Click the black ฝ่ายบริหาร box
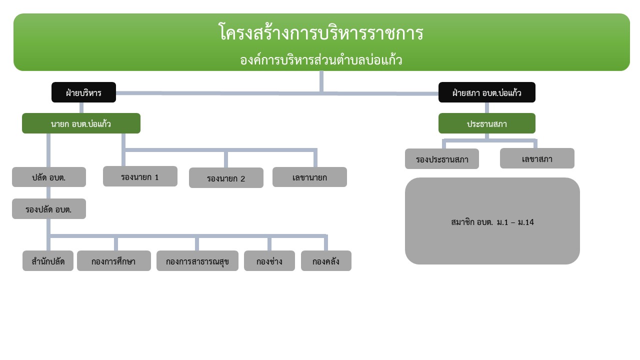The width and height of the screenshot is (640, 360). (x=83, y=92)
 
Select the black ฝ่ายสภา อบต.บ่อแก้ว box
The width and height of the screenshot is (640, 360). (x=487, y=92)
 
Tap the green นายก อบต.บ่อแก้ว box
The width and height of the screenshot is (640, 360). (x=81, y=123)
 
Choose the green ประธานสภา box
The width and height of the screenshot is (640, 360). (x=487, y=123)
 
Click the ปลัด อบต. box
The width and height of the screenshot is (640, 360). (x=49, y=177)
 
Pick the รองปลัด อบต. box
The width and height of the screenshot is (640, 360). (x=49, y=209)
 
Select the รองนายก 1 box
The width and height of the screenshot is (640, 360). (x=140, y=176)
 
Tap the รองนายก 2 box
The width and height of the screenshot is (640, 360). (x=226, y=177)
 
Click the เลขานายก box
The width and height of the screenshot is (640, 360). (x=309, y=177)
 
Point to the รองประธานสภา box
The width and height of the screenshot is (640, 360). (x=442, y=159)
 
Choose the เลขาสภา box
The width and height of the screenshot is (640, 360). (x=537, y=158)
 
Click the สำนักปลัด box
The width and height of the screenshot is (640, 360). (x=48, y=261)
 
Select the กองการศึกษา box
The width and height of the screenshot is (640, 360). (x=114, y=261)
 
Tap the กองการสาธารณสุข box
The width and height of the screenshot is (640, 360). (x=197, y=261)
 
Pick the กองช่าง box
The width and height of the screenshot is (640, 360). (x=269, y=261)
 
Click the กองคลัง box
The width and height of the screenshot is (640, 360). (x=326, y=261)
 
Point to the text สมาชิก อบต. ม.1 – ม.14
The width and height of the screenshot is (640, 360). (x=492, y=222)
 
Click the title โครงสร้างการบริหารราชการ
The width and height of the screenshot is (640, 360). (x=321, y=32)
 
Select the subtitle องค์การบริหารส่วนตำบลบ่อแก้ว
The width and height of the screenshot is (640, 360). (x=321, y=60)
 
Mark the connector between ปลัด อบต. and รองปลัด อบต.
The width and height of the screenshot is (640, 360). (x=48, y=193)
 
